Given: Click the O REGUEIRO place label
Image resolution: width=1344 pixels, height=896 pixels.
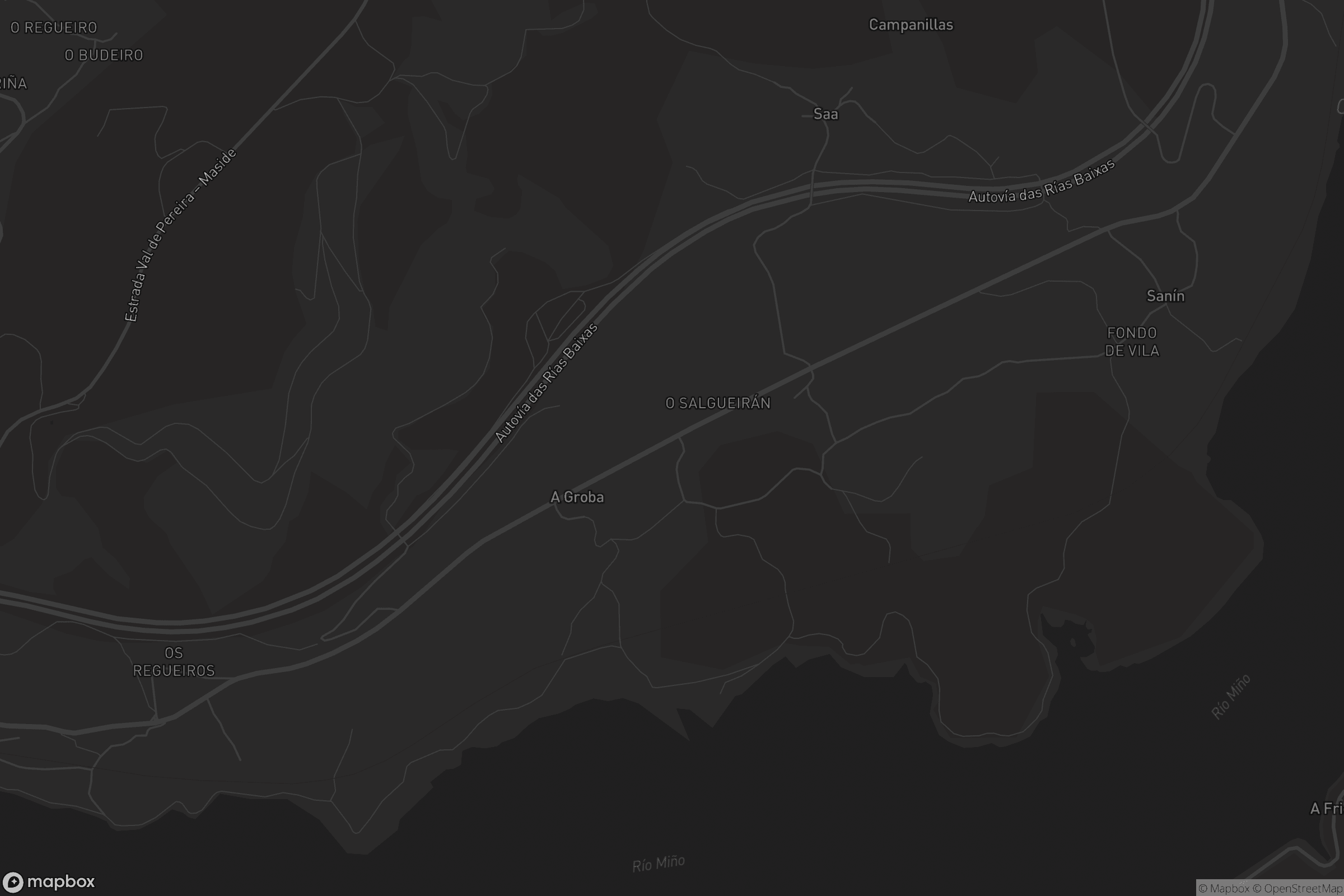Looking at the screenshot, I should tap(54, 27).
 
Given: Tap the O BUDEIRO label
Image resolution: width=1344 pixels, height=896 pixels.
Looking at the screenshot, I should tap(104, 55).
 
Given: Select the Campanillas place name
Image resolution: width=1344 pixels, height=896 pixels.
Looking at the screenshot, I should tap(911, 25).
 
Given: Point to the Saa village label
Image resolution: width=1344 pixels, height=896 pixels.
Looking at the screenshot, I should tap(825, 114).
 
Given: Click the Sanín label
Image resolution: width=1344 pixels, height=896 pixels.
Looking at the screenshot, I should tap(1165, 296).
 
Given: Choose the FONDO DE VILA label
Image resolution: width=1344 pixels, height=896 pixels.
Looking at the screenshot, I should tap(1131, 342).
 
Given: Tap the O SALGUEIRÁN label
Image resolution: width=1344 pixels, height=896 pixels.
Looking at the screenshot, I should tap(718, 403).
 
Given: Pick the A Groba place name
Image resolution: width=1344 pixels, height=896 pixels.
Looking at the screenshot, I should tap(577, 497).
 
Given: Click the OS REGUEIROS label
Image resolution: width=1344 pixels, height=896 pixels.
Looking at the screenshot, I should tap(174, 662).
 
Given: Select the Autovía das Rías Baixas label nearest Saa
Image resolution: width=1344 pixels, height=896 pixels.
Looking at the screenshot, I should tap(1041, 181).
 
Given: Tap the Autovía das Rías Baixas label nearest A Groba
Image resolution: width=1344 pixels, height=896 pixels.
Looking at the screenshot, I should tap(547, 383).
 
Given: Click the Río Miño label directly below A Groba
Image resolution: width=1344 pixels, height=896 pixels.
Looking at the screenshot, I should tap(659, 864).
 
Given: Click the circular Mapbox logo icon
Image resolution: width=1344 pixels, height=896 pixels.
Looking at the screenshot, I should tap(12, 881).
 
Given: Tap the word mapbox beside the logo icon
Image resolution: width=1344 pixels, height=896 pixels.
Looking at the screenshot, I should tap(60, 881).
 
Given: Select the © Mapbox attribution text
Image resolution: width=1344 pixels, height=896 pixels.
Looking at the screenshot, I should tap(1224, 889).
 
